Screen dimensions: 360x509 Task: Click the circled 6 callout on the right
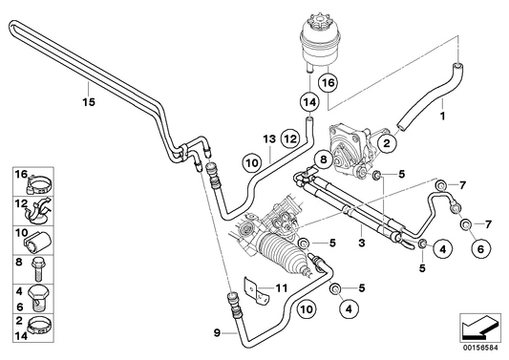[x=478, y=248]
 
